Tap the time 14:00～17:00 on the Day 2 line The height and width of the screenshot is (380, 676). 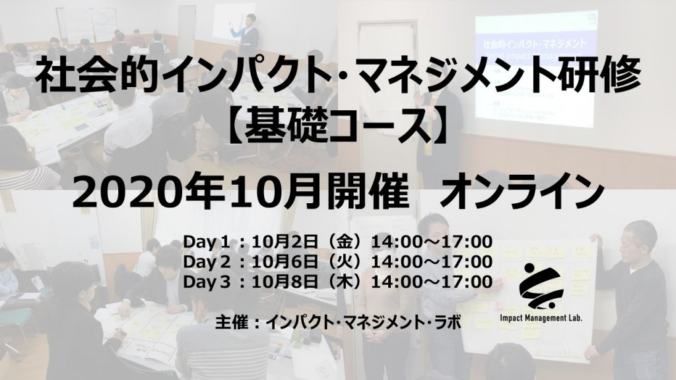coord(432,261)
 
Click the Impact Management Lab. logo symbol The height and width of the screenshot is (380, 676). coord(541,286)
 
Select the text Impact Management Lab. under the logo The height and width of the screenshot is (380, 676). coord(541,319)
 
